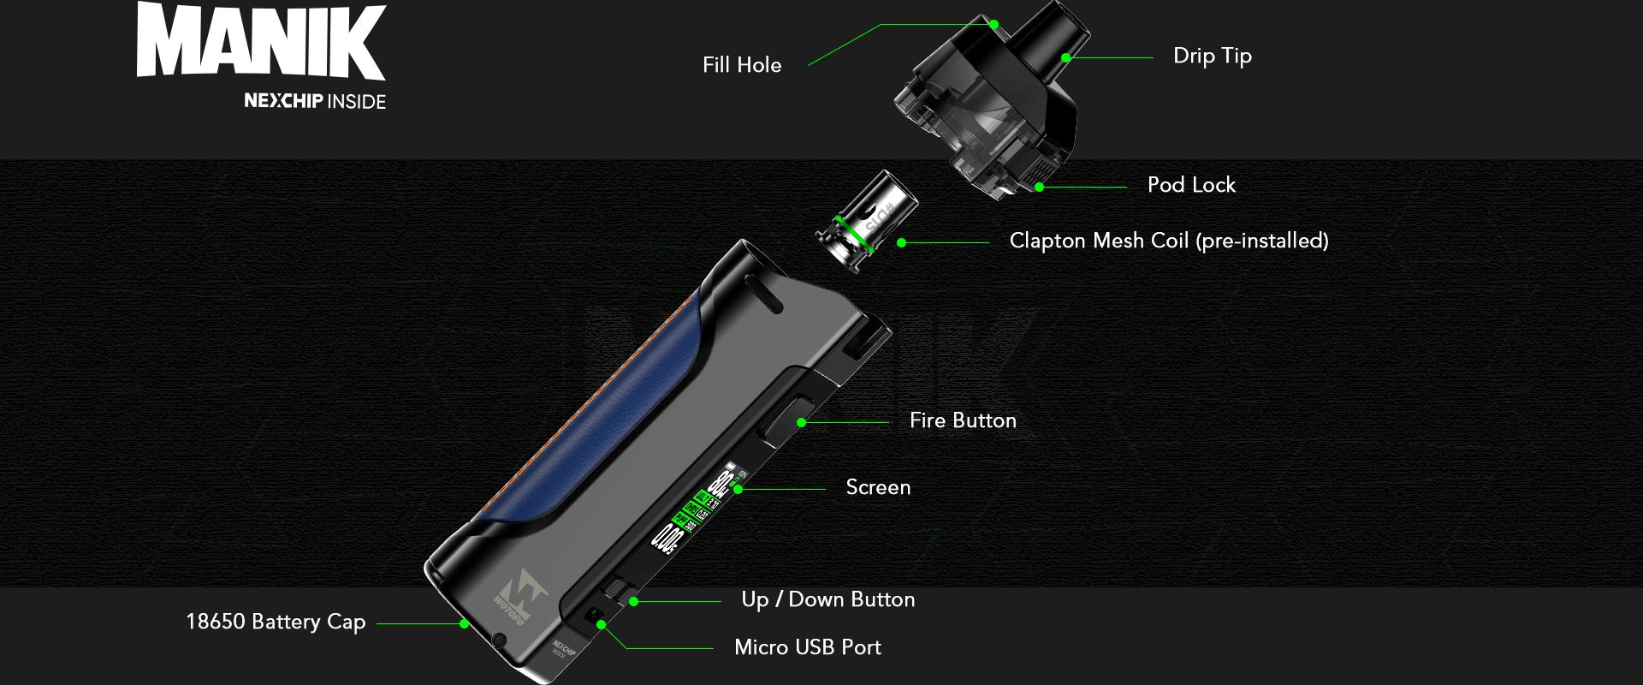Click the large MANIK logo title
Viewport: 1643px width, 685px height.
click(x=261, y=41)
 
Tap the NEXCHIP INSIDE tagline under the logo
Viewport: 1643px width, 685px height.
click(x=315, y=101)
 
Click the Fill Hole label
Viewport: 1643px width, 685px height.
click(x=742, y=65)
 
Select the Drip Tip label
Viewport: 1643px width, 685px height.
click(x=1212, y=57)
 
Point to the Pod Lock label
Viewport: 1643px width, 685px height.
click(x=1191, y=185)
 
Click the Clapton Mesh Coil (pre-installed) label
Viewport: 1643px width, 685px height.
click(x=1168, y=241)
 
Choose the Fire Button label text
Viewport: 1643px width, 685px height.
click(x=963, y=420)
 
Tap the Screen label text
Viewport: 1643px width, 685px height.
click(x=878, y=487)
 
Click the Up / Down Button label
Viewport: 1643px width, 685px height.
click(x=827, y=599)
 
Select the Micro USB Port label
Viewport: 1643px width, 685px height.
click(x=807, y=647)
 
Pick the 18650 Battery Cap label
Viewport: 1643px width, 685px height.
click(x=276, y=622)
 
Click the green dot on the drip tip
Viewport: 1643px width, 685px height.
click(x=1066, y=58)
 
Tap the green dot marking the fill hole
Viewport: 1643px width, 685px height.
click(x=994, y=25)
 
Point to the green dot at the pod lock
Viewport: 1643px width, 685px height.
click(x=1039, y=187)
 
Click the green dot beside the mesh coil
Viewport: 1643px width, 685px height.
click(x=901, y=243)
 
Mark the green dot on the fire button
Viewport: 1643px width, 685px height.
click(x=801, y=423)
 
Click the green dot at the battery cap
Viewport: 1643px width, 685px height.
click(x=464, y=624)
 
